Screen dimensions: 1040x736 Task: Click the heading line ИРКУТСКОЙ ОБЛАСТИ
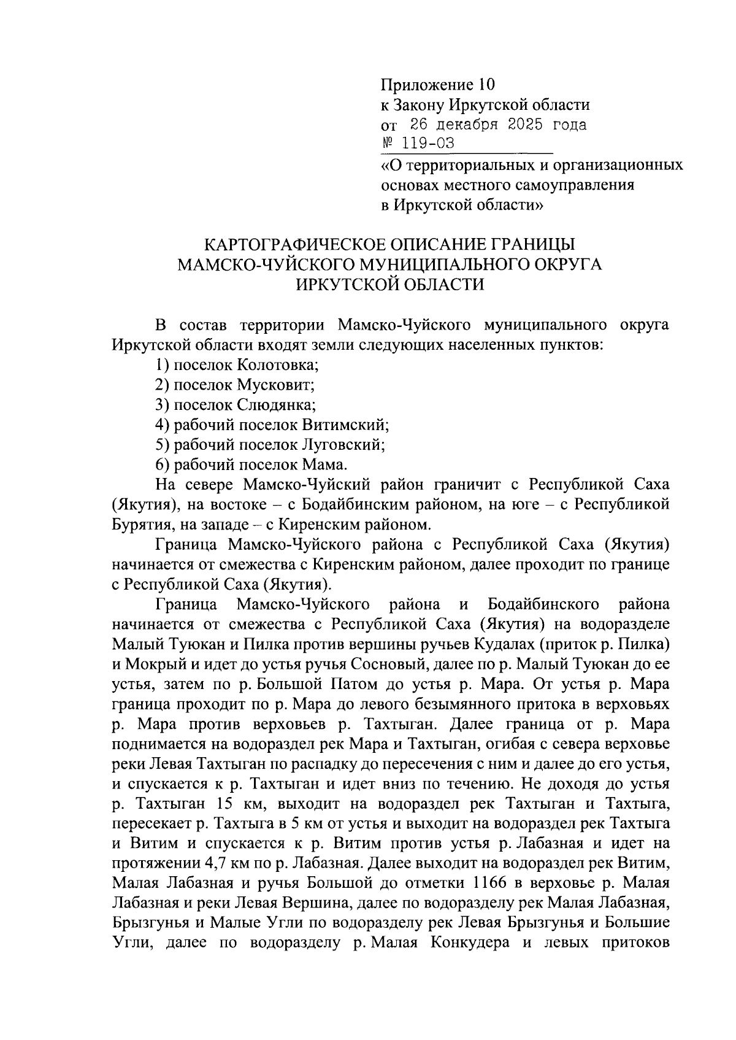click(389, 285)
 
